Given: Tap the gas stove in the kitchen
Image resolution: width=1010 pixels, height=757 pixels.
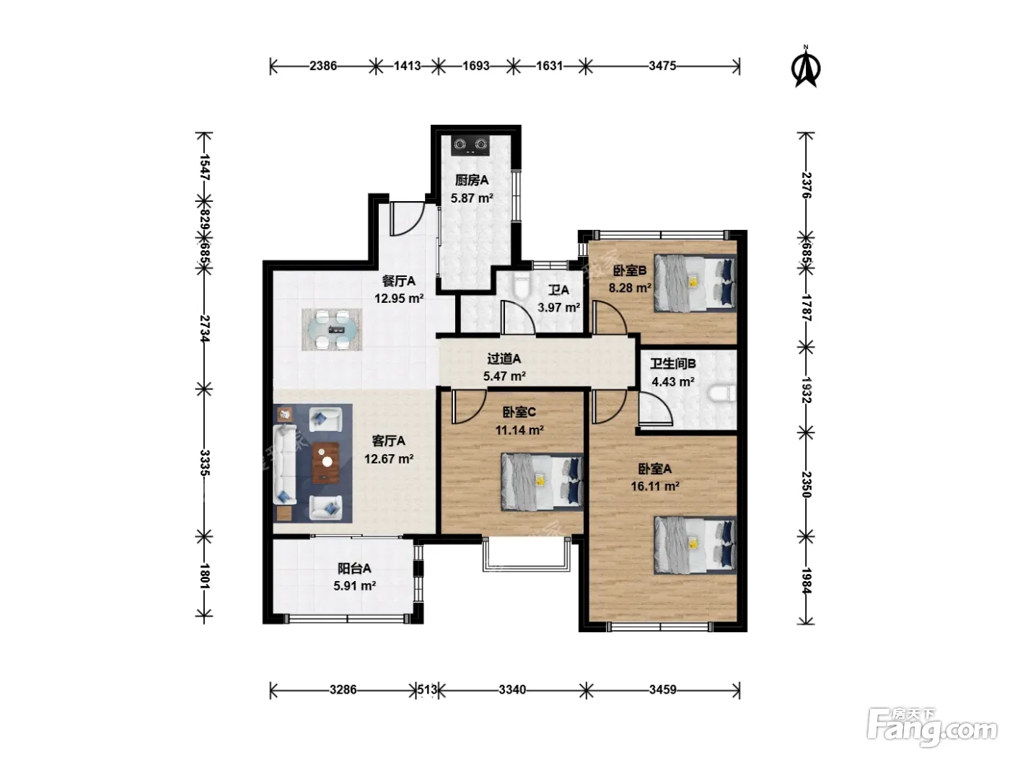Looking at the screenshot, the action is click(470, 146).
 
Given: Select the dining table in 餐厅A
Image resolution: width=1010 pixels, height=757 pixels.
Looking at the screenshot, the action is click(332, 329).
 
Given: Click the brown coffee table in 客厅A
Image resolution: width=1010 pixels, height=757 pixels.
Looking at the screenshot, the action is click(326, 462).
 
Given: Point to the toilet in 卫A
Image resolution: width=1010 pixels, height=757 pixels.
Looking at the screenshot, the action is click(522, 285).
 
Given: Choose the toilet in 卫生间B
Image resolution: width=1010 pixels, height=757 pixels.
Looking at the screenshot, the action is click(721, 394).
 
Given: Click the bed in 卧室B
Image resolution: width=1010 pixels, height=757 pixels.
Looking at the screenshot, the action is click(695, 283).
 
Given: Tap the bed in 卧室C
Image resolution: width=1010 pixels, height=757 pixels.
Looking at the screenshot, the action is click(542, 482).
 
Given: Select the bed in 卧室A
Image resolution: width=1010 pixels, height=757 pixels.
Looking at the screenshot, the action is click(695, 544).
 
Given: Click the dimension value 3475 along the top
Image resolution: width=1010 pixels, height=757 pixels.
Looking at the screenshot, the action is click(662, 66).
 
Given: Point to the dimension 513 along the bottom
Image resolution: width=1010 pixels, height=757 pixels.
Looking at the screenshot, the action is click(427, 689).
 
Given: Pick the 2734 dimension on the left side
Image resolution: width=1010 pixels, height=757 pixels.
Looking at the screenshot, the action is click(205, 328).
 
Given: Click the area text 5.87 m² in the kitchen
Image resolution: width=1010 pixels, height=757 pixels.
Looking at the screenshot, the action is click(472, 198).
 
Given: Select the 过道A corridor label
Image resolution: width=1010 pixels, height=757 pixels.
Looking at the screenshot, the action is click(504, 358).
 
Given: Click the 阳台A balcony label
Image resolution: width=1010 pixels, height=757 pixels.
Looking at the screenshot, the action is click(354, 569).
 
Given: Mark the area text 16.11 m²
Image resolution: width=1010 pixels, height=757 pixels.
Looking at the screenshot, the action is click(655, 486).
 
